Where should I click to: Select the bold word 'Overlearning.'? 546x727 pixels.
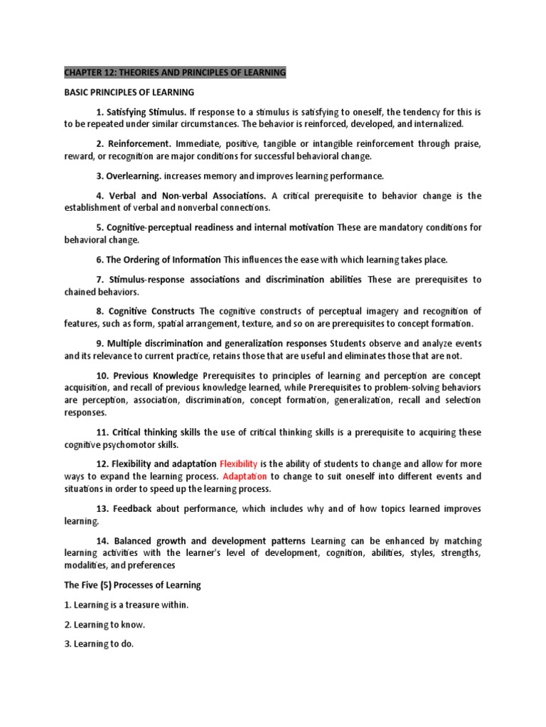tap(136, 175)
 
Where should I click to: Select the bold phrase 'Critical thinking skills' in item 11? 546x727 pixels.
tap(158, 432)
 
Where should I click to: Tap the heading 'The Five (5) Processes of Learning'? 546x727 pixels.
tap(133, 585)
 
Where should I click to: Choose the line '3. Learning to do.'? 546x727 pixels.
tap(99, 644)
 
